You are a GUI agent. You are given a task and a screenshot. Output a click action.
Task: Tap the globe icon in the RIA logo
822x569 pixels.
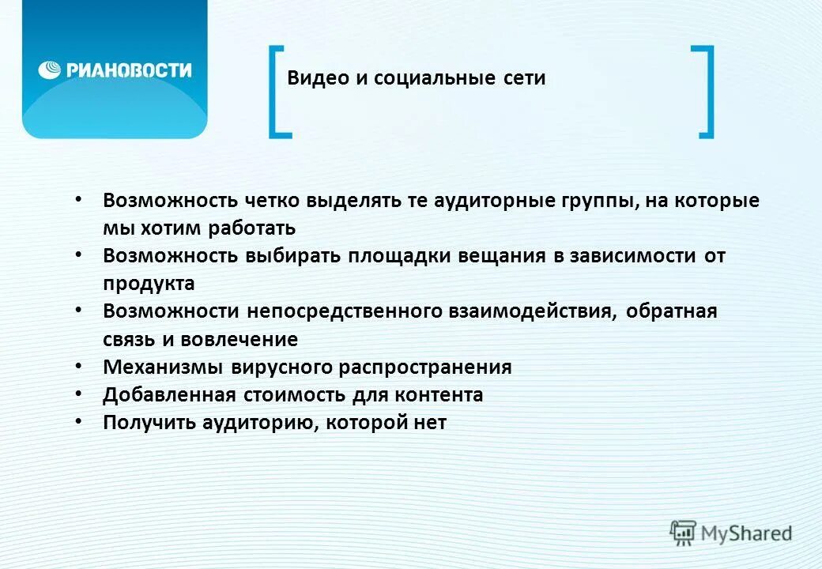click(50, 70)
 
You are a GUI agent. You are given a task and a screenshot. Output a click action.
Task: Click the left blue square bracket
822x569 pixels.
click(277, 92)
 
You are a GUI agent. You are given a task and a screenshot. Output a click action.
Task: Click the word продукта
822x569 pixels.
click(149, 284)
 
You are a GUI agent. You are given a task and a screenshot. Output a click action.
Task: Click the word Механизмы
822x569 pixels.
click(163, 367)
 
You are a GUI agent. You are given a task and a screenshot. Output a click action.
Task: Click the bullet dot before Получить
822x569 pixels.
click(77, 422)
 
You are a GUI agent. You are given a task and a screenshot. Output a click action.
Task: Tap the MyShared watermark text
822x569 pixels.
click(746, 533)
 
